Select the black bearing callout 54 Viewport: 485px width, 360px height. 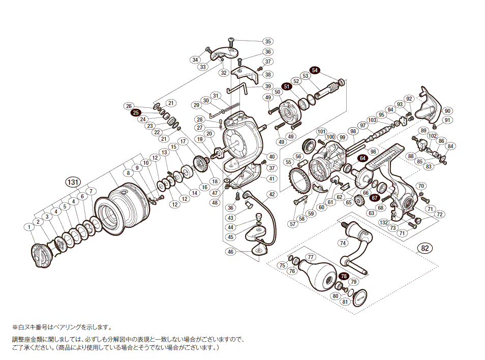coord(315,70)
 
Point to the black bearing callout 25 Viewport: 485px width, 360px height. coord(136,112)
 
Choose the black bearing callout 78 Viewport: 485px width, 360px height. coord(345,276)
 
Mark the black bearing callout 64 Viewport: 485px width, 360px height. coord(362,159)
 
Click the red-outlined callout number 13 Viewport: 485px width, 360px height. coord(164,152)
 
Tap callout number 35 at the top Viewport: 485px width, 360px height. coord(268,42)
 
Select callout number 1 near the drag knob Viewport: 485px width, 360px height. coord(30,226)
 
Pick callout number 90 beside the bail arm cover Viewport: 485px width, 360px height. coord(447,111)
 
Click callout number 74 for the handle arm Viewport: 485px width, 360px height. coord(343,243)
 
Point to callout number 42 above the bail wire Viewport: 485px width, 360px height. coord(272,194)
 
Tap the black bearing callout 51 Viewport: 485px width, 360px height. coord(287,87)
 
